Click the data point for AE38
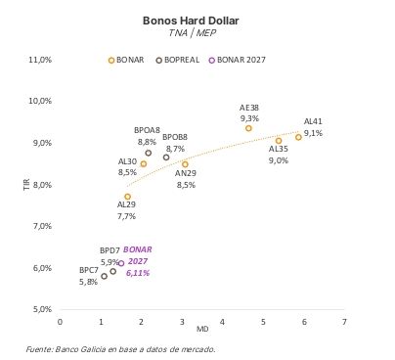(248, 128)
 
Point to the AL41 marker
(299, 137)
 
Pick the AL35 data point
(279, 141)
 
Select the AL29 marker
(127, 197)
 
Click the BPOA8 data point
(149, 153)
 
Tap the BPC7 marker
(104, 276)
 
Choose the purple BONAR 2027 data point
(121, 264)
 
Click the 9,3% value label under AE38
(249, 117)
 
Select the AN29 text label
(186, 173)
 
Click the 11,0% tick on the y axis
(39, 60)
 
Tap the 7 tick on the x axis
(344, 320)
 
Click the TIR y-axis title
(26, 184)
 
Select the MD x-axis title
(201, 328)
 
